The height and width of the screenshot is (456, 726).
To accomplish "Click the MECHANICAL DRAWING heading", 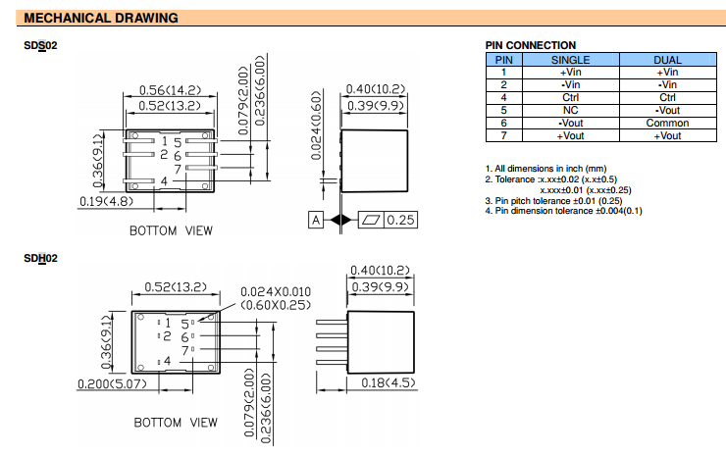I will click(x=100, y=18).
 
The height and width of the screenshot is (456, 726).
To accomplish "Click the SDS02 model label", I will click(x=40, y=46).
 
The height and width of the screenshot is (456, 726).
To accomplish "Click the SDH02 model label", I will click(x=40, y=258).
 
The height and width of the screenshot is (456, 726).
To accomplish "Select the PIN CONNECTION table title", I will click(x=531, y=45).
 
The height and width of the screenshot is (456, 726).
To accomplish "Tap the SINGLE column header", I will click(x=570, y=60).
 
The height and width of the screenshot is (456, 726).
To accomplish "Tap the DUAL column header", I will click(x=667, y=60).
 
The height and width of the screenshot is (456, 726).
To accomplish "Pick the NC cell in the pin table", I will click(x=570, y=111).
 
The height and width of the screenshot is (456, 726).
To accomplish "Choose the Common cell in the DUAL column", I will click(x=667, y=124).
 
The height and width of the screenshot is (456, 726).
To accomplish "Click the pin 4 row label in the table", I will click(x=503, y=98).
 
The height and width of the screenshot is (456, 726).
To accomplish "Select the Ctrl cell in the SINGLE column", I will click(x=570, y=98).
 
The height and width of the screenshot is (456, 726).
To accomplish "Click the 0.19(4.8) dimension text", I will click(x=106, y=202).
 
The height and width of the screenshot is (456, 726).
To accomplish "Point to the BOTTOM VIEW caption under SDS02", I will click(x=171, y=230).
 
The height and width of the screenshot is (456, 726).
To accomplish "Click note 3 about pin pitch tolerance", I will click(x=557, y=201).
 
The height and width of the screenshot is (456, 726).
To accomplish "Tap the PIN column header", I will click(x=503, y=60).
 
